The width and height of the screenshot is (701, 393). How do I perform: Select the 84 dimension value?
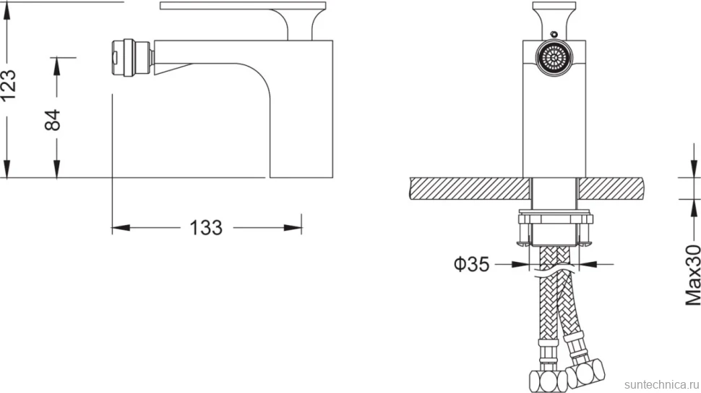tap(53, 120)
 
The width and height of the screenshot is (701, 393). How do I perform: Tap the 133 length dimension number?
tap(206, 228)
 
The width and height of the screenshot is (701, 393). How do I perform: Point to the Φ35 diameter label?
tap(472, 265)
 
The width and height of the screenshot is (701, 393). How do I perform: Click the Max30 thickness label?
tap(693, 275)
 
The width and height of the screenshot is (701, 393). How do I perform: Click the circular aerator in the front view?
tap(554, 58)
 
